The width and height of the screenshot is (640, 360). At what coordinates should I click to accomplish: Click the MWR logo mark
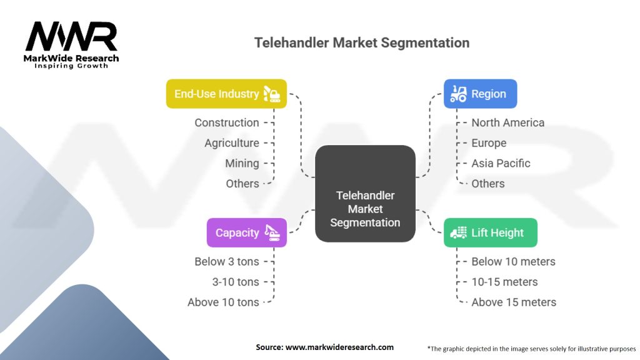[71, 36]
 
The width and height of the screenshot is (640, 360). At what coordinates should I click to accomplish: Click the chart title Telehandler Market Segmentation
[362, 42]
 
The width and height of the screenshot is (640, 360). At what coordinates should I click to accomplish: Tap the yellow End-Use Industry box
[226, 94]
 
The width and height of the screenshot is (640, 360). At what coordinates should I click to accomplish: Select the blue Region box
[481, 94]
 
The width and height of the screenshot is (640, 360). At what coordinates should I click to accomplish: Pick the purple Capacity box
[246, 232]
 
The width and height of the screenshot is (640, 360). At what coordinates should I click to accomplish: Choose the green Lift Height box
[491, 232]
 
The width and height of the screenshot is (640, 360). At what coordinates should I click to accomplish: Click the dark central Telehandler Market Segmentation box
[365, 194]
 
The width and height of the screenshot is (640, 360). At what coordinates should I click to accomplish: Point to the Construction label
[226, 122]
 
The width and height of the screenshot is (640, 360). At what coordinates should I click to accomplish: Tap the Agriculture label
[232, 143]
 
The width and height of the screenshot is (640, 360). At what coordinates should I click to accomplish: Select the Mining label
[242, 163]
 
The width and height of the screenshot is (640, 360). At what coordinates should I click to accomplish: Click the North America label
[507, 122]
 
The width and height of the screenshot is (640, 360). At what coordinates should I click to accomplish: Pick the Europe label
[489, 143]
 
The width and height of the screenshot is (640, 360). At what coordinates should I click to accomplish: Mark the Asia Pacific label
[501, 163]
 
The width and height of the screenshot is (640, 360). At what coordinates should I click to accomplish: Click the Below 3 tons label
[226, 261]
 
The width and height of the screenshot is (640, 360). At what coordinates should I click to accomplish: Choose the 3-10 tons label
[236, 282]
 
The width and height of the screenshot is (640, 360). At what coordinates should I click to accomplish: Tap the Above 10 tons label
[223, 302]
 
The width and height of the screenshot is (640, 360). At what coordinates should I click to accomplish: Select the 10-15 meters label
[504, 282]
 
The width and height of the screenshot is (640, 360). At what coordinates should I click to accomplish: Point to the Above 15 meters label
[514, 302]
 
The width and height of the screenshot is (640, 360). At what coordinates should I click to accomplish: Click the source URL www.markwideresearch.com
[339, 347]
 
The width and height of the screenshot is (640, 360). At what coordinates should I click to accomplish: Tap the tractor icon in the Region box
[458, 94]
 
